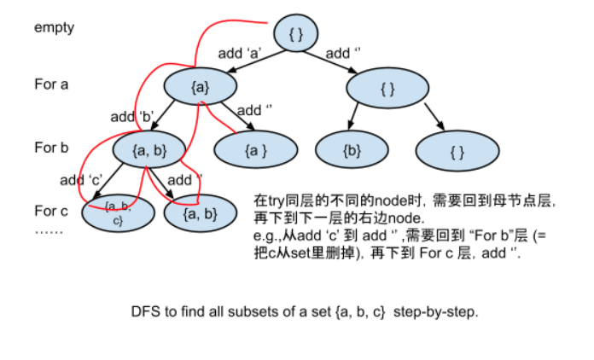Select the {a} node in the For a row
tap(198, 86)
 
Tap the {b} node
tap(352, 151)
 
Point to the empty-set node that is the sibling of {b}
tap(457, 151)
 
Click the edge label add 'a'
tap(239, 53)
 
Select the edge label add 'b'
tap(131, 116)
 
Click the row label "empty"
tap(54, 27)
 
